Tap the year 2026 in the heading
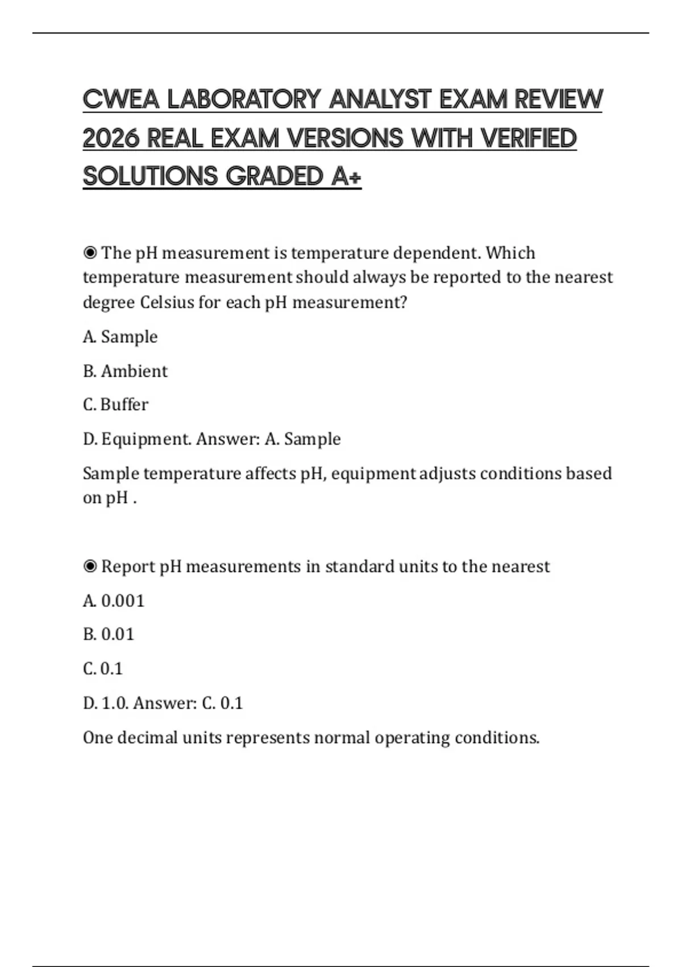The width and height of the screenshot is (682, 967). coord(111,138)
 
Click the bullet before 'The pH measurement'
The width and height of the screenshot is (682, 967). coord(90,253)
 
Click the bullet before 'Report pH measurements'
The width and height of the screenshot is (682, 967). coord(90,567)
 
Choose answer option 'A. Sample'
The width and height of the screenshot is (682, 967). coord(120,337)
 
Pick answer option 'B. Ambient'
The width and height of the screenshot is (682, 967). coord(125,371)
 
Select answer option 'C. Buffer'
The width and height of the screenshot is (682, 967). coord(115,404)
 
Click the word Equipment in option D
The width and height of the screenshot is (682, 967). coord(146,439)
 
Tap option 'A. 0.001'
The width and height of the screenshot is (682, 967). coord(114,601)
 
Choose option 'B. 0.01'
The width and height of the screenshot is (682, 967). coord(109,634)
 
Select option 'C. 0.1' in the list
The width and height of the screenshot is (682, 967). coord(103,668)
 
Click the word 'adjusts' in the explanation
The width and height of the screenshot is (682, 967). coord(447,473)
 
